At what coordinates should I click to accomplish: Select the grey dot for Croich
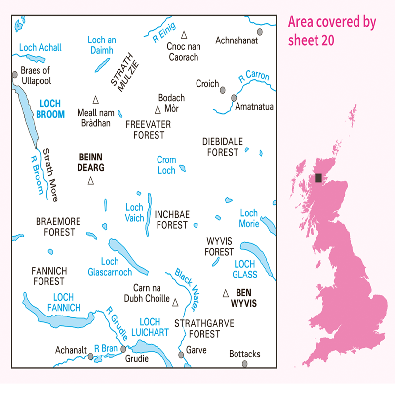coord(223,90)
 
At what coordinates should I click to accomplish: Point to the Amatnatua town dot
coord(234,98)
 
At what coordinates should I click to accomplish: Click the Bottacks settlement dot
coord(245,364)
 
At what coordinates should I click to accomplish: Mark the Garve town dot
coord(181,355)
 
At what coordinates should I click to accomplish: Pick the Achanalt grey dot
coord(90,355)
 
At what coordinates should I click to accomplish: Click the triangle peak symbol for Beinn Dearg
coord(90,181)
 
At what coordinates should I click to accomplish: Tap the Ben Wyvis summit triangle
coord(226,293)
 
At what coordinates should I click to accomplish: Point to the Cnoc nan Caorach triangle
coord(184,35)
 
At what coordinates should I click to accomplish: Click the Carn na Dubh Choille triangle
coord(175,300)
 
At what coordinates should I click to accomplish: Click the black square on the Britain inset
coord(318,178)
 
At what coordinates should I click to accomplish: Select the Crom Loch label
coord(166,165)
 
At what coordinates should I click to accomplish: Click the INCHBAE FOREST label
coord(171,220)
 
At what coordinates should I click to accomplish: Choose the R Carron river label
coord(254,77)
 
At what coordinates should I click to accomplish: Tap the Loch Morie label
coord(249,218)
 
